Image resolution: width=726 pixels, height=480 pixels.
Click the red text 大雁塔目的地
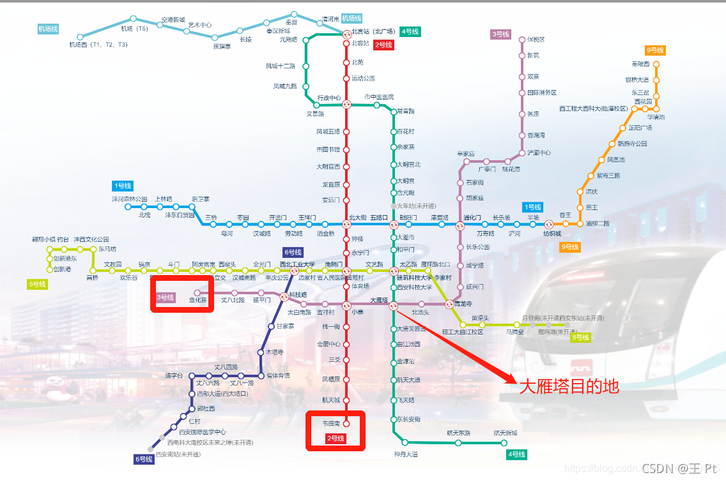click(569, 387)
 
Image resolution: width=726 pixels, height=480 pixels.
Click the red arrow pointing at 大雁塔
click(454, 345)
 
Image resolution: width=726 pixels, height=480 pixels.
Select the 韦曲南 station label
click(331, 423)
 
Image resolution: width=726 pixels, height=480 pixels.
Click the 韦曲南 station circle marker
click(346, 423)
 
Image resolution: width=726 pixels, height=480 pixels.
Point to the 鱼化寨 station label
click(197, 300)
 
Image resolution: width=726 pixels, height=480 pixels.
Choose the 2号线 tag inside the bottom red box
click(336, 439)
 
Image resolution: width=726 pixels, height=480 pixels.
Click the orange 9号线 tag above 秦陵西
click(655, 50)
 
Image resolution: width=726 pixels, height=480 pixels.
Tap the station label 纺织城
click(552, 234)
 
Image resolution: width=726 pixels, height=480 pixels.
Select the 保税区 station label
click(536, 40)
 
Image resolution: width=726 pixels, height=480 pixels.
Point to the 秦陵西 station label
click(640, 64)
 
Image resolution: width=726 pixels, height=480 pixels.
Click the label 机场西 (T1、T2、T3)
click(98, 45)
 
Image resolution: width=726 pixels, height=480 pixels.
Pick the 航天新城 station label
click(505, 433)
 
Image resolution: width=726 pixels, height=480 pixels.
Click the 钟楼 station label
click(357, 239)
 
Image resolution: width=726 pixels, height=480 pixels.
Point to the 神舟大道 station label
click(406, 454)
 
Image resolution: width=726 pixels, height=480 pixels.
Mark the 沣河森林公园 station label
click(130, 199)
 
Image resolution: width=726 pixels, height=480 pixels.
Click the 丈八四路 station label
click(226, 367)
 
